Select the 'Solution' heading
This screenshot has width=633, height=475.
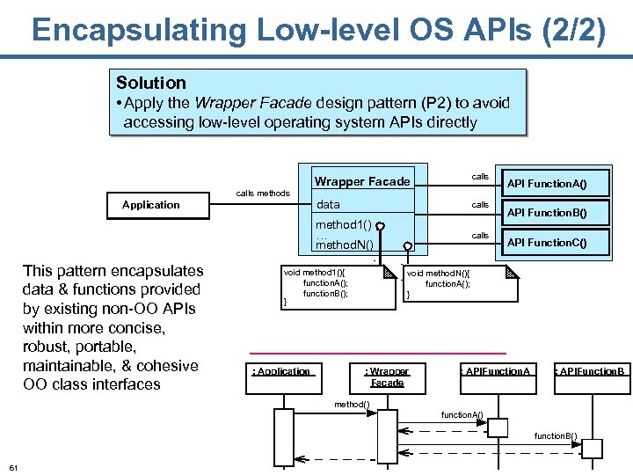tap(151, 83)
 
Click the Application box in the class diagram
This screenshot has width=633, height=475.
tap(150, 205)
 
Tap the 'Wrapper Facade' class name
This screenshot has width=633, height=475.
tap(362, 181)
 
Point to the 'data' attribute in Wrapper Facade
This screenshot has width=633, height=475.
tap(328, 204)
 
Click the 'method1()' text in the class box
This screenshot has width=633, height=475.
tap(344, 225)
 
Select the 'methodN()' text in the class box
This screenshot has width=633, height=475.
tap(345, 245)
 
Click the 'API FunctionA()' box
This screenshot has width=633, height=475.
tap(553, 184)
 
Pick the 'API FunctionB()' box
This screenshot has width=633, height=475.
tap(553, 212)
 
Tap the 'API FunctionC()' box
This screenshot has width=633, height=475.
tap(553, 242)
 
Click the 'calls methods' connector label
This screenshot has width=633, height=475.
tap(263, 193)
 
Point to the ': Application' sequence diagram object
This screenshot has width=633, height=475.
tap(281, 371)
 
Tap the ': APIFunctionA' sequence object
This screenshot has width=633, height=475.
tap(497, 371)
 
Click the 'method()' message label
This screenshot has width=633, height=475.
tap(352, 404)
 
